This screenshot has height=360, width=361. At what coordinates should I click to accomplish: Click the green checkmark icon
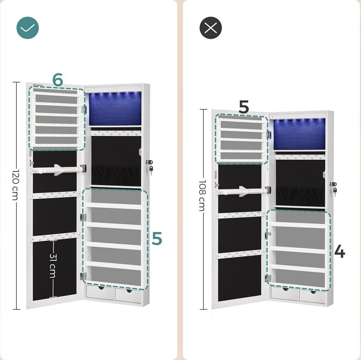(x=27, y=28)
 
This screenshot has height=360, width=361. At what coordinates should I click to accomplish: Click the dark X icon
(x=211, y=28)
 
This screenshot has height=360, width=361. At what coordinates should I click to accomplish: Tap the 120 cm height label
(x=15, y=185)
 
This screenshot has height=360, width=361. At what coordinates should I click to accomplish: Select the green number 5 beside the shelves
(x=157, y=239)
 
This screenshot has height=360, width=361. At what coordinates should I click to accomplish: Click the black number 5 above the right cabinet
(x=244, y=107)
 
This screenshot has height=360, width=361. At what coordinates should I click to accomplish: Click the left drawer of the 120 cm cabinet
(x=100, y=292)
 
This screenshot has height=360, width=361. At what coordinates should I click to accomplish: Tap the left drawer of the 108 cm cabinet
(x=284, y=294)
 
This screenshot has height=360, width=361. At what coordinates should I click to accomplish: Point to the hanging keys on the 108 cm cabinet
(x=334, y=188)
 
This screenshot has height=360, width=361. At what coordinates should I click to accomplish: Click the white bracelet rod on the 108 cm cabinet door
(x=242, y=192)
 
